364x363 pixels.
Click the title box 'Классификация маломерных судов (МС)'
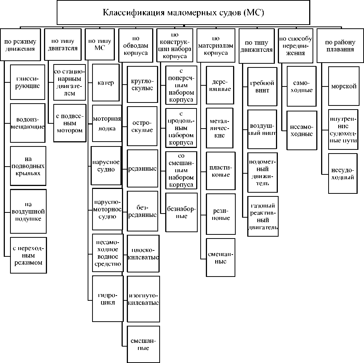point(183,13)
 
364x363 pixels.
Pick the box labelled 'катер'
point(106,83)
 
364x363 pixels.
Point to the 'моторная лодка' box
point(107,123)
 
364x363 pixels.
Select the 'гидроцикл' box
point(108,299)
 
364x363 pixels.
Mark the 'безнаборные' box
point(181,212)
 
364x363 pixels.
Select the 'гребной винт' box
point(262,86)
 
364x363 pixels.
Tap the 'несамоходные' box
point(302,130)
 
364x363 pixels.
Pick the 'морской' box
point(343,86)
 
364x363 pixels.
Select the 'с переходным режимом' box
point(28,256)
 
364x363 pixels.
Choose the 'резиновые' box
point(221,214)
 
